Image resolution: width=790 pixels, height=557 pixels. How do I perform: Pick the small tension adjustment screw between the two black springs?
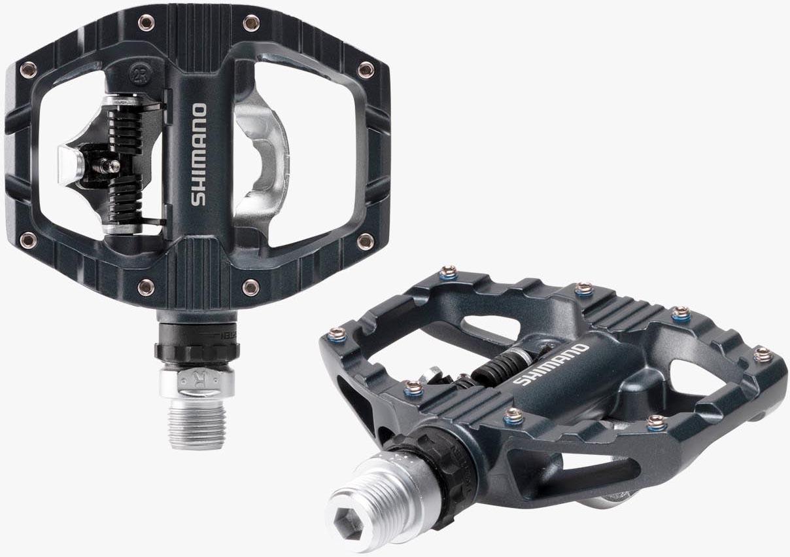pyautogui.click(x=112, y=166)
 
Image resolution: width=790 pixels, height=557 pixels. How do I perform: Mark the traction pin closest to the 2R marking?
pyautogui.click(x=146, y=23)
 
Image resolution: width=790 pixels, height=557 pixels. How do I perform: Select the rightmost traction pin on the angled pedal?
pyautogui.click(x=763, y=354)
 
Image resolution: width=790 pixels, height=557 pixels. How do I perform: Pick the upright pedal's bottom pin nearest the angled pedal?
pyautogui.click(x=251, y=287)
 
